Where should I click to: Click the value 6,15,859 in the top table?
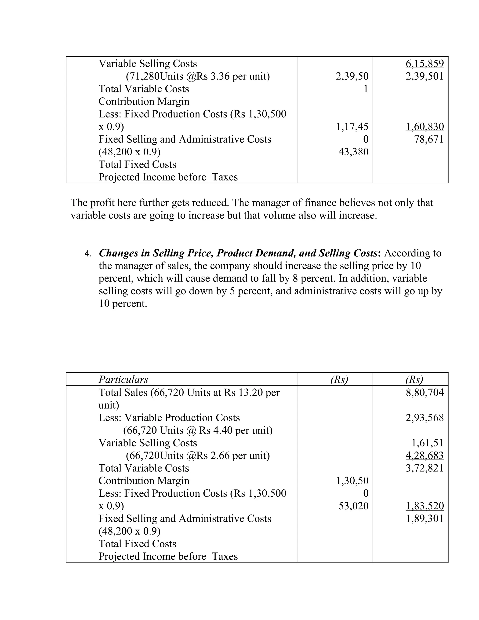coord(425,64)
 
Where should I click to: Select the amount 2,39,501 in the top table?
coord(425,76)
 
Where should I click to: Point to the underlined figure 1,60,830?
coord(425,127)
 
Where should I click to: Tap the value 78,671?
coord(428,139)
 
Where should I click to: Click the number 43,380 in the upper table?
coord(353,152)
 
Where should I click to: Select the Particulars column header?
coord(123,379)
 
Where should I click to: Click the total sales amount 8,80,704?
coord(425,392)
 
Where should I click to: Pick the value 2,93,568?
coord(425,418)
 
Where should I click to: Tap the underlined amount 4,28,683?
coord(425,455)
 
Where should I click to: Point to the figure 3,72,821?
coord(425,468)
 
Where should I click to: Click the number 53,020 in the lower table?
coord(353,506)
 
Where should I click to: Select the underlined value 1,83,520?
coord(425,506)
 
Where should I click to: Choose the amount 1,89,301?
coord(425,518)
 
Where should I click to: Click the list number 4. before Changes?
coord(88,254)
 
